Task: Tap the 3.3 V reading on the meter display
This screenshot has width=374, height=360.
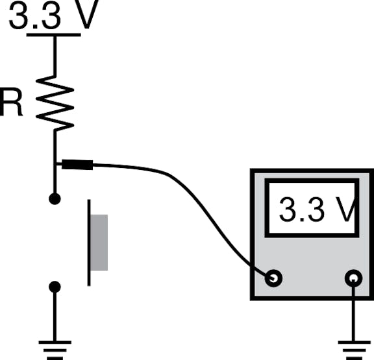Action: point(318,210)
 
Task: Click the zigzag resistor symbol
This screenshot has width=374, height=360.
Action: point(55,103)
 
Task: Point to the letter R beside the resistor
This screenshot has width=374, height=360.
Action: point(11,102)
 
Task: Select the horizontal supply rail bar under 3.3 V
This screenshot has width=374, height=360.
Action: point(54,35)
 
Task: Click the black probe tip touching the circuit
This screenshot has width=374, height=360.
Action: point(77,165)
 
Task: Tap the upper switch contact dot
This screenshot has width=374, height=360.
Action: point(55,198)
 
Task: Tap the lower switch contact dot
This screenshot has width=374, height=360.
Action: point(55,287)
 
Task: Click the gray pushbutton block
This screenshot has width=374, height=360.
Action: point(99,243)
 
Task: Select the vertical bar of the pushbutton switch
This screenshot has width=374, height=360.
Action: point(89,243)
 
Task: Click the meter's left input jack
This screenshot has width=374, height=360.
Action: point(273,278)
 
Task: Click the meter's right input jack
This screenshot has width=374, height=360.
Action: point(353,278)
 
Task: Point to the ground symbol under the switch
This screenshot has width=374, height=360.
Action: point(55,350)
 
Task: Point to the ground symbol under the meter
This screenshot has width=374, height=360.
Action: point(355,350)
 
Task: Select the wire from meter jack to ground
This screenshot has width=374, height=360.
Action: point(353,310)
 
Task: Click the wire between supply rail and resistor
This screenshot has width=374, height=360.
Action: point(55,56)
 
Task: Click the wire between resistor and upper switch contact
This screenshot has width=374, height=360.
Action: point(55,162)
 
